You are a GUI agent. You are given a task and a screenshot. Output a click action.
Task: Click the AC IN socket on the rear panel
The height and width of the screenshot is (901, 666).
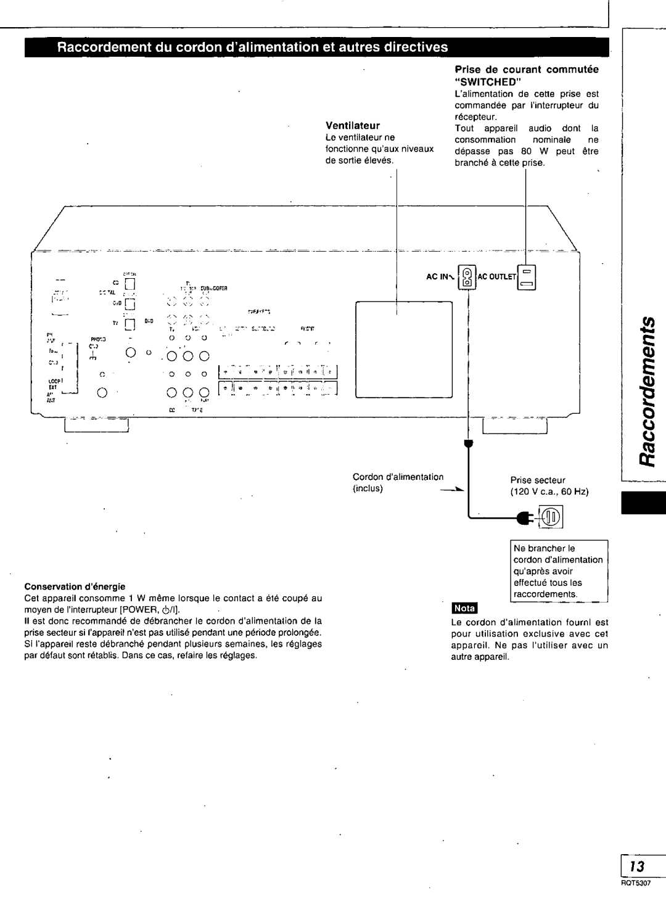[468, 276]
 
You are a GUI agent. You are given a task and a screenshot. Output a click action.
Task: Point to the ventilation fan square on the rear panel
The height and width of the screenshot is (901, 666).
[403, 348]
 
